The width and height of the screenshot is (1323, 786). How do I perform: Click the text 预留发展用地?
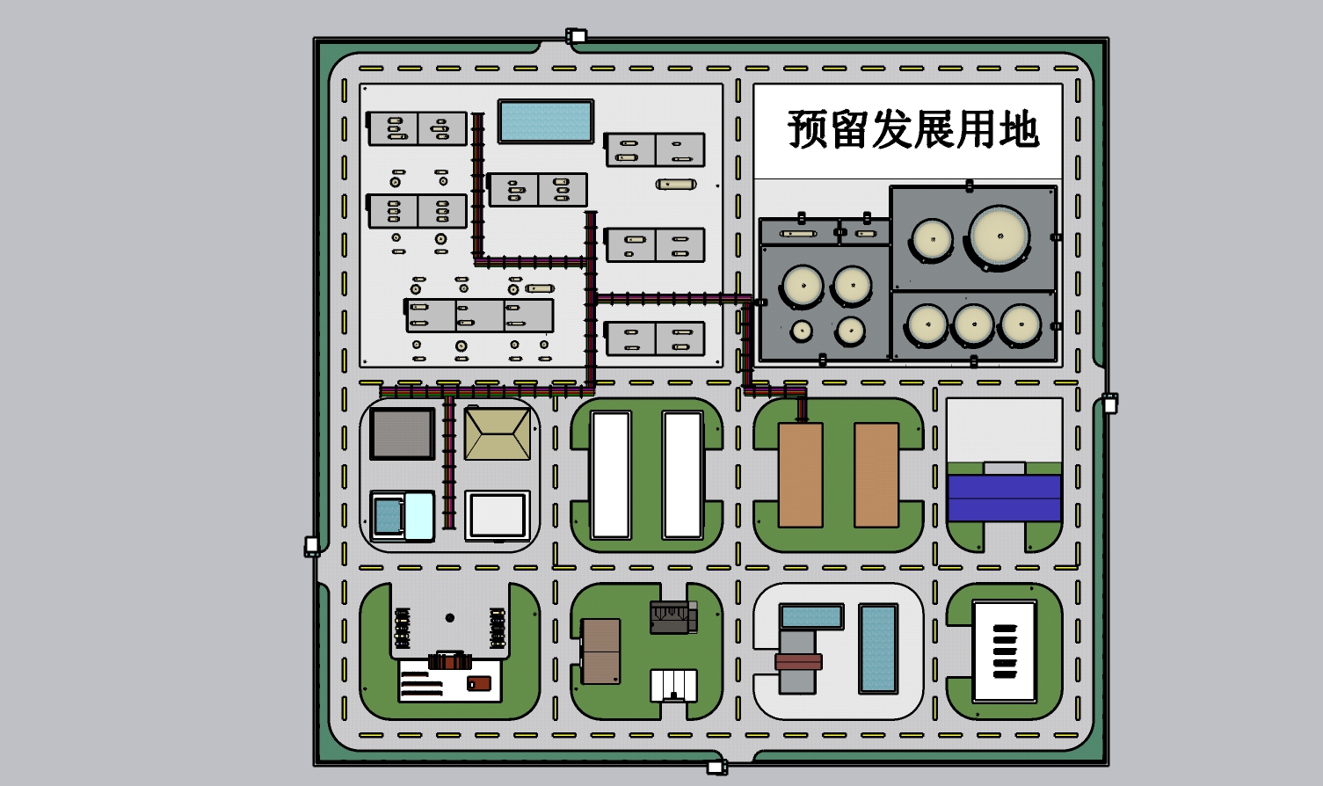tap(912, 128)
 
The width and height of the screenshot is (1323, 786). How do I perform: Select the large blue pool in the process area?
tap(546, 121)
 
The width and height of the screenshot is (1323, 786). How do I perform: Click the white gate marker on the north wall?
tap(576, 36)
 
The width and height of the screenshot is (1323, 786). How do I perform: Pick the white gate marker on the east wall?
tap(1109, 404)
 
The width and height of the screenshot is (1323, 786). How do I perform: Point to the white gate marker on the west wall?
tap(311, 545)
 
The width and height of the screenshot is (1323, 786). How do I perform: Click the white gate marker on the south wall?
tap(716, 768)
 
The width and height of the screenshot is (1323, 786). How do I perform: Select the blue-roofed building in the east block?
tap(1004, 498)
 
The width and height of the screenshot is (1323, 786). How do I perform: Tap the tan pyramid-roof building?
tap(498, 434)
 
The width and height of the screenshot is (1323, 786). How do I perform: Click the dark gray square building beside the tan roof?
tap(403, 434)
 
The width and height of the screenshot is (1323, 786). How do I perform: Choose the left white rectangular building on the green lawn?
tap(611, 476)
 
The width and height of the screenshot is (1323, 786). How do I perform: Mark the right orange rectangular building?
tap(876, 475)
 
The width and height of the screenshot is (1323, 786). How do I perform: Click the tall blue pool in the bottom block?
tap(878, 648)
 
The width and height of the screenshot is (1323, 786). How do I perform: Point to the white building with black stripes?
tap(1005, 651)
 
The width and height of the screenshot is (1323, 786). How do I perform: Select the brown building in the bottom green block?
tap(600, 651)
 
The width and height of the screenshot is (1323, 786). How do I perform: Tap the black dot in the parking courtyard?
tap(449, 618)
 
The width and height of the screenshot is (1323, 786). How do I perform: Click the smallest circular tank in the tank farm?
tap(802, 330)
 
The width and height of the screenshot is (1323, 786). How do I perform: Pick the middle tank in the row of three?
tap(973, 324)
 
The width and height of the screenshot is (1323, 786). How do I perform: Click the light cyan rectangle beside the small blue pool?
tap(419, 516)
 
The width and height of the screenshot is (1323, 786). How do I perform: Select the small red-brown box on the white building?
tap(479, 684)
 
